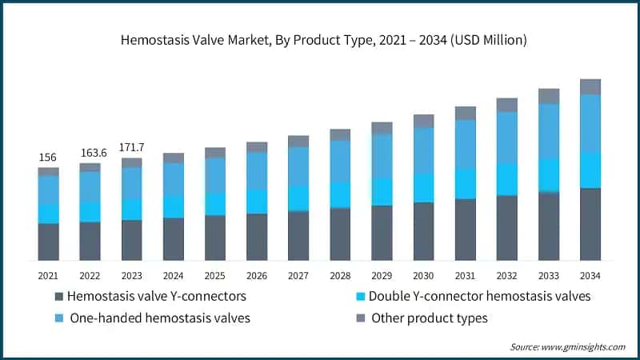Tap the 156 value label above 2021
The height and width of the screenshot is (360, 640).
tap(49, 158)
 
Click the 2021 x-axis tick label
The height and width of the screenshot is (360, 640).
tap(49, 275)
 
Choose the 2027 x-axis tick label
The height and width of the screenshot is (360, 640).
tap(298, 275)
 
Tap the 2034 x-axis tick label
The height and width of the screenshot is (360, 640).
tap(590, 275)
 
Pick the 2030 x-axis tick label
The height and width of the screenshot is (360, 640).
tap(423, 275)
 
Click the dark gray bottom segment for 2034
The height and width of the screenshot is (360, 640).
tap(590, 224)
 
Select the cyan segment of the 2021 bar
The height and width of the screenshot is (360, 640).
tap(49, 214)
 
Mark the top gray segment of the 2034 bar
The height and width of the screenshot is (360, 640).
tap(590, 86)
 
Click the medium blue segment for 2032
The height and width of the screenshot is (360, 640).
tap(507, 138)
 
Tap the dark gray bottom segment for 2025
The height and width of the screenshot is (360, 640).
tap(215, 238)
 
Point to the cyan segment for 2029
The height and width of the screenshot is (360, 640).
tap(382, 192)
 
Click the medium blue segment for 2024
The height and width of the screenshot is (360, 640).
tap(174, 179)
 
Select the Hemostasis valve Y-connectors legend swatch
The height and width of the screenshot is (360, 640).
tap(58, 297)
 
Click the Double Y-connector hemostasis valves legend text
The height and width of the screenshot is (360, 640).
tap(479, 296)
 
